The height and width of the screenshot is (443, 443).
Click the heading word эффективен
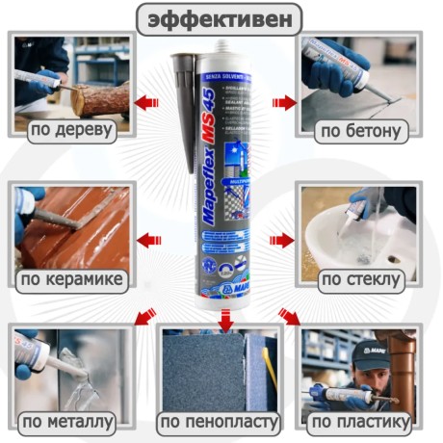click(x=219, y=17)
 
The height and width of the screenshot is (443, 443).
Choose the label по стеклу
click(x=357, y=279)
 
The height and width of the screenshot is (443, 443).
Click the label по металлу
click(x=68, y=421)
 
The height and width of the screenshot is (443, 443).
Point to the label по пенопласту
click(x=220, y=421)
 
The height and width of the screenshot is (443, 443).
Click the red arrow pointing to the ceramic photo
click(x=147, y=240)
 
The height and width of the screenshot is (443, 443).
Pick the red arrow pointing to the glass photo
click(x=282, y=240)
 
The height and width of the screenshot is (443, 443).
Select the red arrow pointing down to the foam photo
click(x=224, y=318)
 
